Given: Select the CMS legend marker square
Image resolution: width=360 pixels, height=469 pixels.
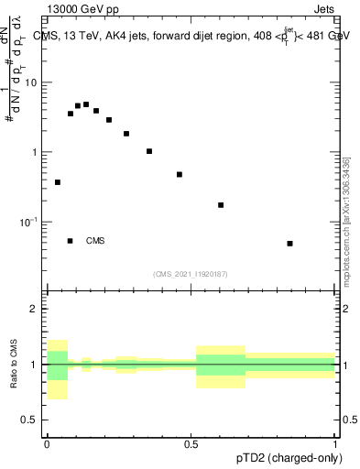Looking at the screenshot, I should click(71, 241).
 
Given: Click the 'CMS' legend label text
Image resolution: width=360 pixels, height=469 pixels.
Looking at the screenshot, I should click(95, 241).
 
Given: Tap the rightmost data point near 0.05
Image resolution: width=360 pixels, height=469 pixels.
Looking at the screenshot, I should click(289, 244).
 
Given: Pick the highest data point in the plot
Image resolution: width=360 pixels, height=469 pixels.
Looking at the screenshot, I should click(86, 104).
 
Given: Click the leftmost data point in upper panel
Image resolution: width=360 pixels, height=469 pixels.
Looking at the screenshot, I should click(58, 182).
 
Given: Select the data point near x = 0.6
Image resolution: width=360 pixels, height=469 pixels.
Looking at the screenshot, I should click(221, 205).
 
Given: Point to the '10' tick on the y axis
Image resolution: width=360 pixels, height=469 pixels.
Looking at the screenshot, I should click(31, 82).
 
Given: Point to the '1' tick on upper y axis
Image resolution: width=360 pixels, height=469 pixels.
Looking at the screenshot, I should click(35, 152).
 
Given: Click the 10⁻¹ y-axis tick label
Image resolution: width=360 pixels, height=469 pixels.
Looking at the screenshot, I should click(29, 222).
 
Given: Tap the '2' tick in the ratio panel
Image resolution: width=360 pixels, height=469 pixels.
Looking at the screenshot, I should click(35, 309).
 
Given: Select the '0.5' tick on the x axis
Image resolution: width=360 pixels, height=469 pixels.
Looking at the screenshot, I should click(191, 444).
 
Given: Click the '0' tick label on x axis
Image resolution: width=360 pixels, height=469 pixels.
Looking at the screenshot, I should click(47, 444).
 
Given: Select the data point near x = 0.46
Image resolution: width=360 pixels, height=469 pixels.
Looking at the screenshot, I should click(180, 174).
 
